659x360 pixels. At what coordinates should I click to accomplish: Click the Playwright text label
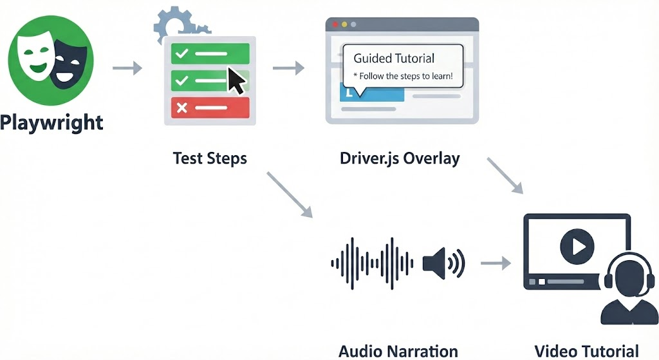pos(51,122)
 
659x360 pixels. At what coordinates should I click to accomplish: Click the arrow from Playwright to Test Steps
pos(127,68)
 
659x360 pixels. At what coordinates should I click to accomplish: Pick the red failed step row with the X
pos(210,108)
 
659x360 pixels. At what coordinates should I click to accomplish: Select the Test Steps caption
pos(210,158)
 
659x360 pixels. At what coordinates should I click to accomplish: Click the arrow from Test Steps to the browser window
pos(288,68)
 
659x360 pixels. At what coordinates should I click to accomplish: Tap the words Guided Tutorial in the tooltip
pos(394,58)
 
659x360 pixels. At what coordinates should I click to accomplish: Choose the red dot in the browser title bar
pos(335,24)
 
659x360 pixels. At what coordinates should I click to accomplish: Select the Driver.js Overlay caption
pos(400,158)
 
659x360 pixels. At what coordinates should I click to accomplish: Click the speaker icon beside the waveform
pos(443,262)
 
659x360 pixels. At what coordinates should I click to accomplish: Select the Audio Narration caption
pos(398,351)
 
